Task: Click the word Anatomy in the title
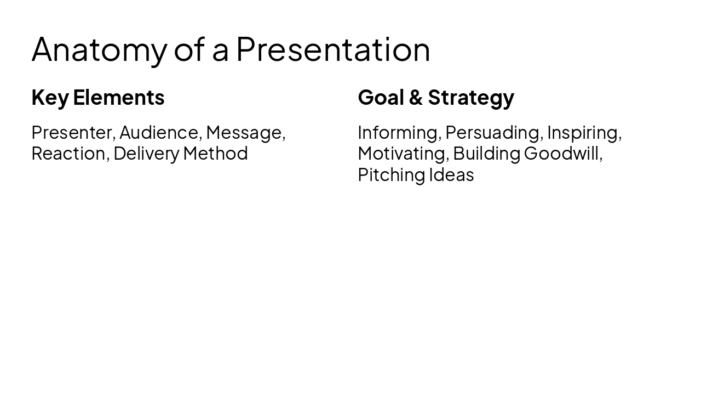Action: [x=99, y=50]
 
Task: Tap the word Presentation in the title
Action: [x=333, y=49]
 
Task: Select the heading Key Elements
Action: [x=98, y=98]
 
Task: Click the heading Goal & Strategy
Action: [x=436, y=98]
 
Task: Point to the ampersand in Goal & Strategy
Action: [x=416, y=98]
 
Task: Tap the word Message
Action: [x=245, y=133]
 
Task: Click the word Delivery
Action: [x=146, y=154]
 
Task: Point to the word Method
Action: [x=215, y=154]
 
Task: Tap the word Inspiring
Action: [x=583, y=133]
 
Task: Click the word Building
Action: [x=486, y=154]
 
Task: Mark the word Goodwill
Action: [x=562, y=154]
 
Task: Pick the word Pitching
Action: [x=392, y=175]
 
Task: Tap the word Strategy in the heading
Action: [x=471, y=98]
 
